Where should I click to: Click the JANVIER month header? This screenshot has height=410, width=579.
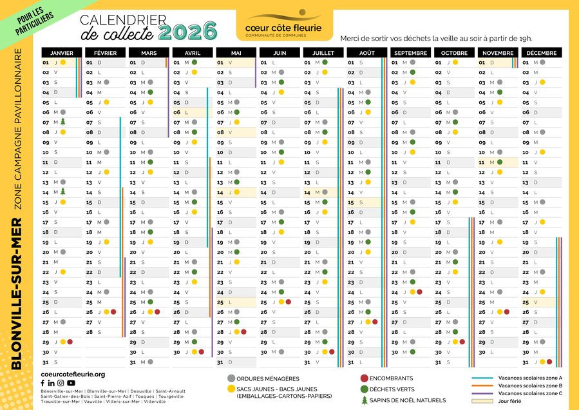pos(62,52)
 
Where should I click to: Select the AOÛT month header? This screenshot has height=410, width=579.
pos(366,52)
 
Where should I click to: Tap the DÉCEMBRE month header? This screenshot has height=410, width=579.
pos(541,52)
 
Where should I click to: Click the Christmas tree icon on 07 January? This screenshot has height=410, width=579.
pos(63,122)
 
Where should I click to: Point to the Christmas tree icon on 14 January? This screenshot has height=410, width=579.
pos(63,191)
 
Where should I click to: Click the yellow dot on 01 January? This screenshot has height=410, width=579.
pos(63,63)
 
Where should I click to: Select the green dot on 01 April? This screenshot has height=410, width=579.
pos(194,63)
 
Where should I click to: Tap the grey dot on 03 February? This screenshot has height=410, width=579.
pos(106,83)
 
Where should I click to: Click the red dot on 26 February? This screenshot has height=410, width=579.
pos(114,312)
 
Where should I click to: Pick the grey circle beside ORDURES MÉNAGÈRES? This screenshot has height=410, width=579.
pos(231,378)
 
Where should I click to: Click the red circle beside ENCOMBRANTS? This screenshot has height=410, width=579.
pos(365,378)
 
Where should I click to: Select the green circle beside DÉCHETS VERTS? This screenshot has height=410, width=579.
pos(365,389)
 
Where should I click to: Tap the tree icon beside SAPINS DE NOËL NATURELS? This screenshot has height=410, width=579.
pos(365,400)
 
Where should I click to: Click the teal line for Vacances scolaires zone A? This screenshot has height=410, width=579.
pos(484,378)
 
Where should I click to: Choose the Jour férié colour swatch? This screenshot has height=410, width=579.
pos(484,400)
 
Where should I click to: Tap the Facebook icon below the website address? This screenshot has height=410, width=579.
pos(43,384)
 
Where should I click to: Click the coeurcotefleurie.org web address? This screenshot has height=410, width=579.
pos(73,374)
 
